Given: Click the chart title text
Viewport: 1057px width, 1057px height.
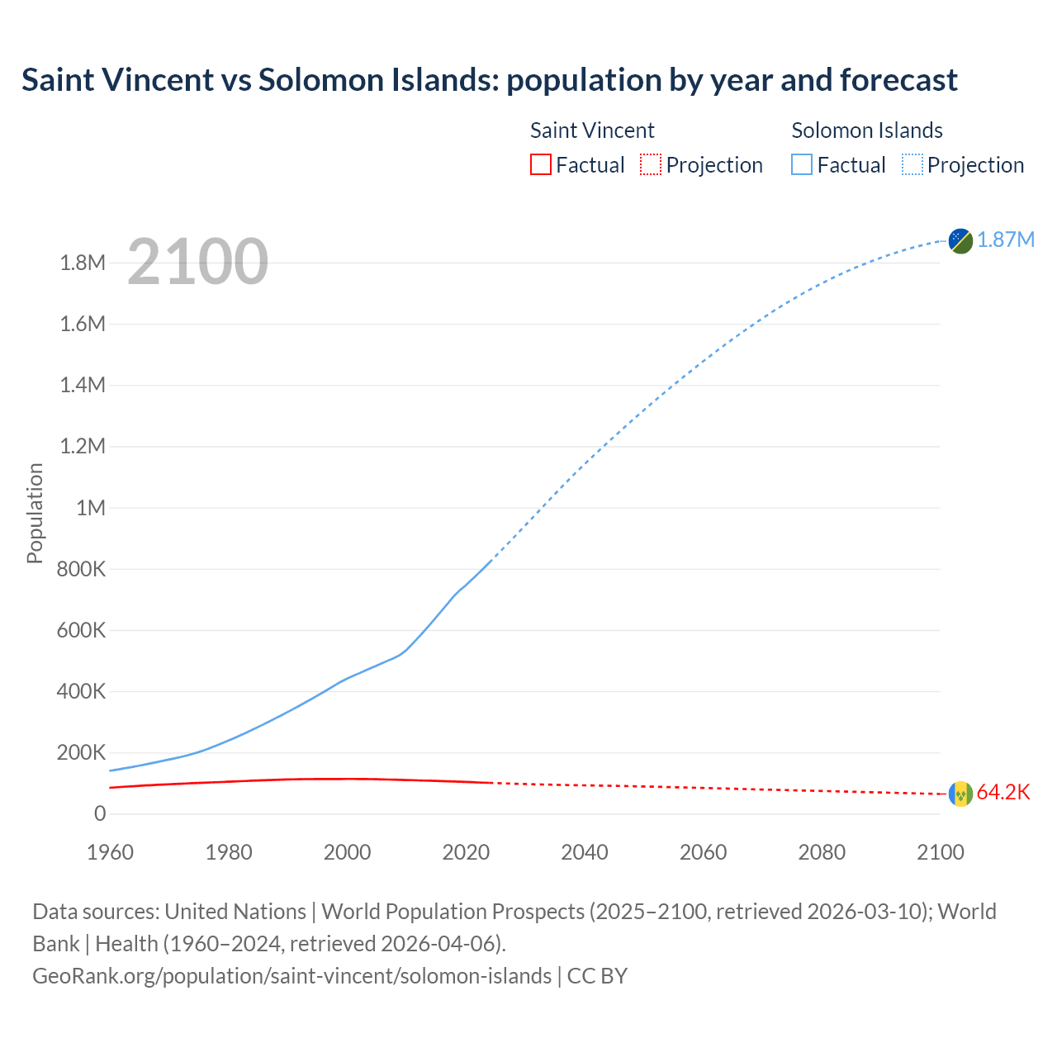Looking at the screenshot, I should coord(489,80).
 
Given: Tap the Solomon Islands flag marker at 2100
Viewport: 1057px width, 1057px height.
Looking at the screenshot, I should coord(960,240).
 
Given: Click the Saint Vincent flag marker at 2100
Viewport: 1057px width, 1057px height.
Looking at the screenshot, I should coord(960,794).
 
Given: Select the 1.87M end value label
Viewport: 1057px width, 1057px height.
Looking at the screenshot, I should coord(1006,239).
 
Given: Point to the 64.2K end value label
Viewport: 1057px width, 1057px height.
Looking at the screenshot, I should coord(1003,793).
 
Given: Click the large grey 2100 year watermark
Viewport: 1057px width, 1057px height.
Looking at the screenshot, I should coord(197,262).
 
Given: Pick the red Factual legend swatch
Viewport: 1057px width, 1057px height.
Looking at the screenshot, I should coord(540,164).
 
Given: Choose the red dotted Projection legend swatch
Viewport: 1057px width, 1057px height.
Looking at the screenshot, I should coord(651,164).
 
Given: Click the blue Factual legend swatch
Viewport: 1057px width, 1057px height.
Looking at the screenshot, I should coord(802,164).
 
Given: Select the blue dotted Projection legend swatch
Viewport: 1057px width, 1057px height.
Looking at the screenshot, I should coord(912,164).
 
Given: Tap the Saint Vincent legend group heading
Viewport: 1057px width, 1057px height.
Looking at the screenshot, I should coord(592,130).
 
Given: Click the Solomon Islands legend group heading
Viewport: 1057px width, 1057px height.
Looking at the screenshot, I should coord(867,130).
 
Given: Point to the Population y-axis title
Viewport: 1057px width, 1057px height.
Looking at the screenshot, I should coord(35,513).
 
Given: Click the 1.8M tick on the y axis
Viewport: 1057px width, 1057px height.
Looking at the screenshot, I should coord(83,263).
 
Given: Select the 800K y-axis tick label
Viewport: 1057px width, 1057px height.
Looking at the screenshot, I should coord(81,569).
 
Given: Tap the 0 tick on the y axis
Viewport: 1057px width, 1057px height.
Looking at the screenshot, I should coord(100,813).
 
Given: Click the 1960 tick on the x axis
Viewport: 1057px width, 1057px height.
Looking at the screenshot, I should coord(110,852).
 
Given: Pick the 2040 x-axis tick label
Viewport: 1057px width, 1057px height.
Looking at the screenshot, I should coord(585,852).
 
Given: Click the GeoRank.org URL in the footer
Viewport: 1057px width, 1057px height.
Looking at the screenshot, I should coord(292,976).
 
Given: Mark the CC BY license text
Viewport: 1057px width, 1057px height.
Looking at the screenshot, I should coord(597,976).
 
